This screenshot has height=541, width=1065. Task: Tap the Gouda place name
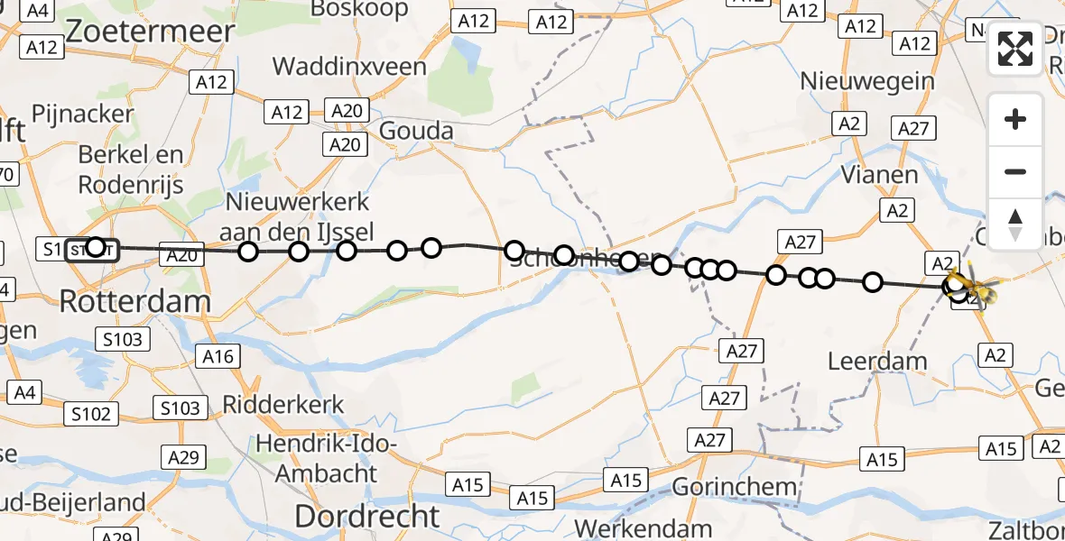point(416,132)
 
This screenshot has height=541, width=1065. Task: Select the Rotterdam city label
point(135,300)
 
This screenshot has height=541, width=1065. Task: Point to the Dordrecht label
point(367,516)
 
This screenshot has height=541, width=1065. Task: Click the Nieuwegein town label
point(867,81)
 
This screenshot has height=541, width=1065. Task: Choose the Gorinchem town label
point(735,487)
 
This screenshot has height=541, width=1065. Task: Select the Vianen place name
point(879,174)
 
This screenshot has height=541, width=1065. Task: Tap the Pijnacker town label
point(82,115)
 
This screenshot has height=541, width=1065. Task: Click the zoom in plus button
point(1015,119)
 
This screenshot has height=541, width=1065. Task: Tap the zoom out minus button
point(1015,171)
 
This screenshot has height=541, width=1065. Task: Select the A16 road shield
point(217,356)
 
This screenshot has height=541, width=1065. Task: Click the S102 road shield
point(92,414)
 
